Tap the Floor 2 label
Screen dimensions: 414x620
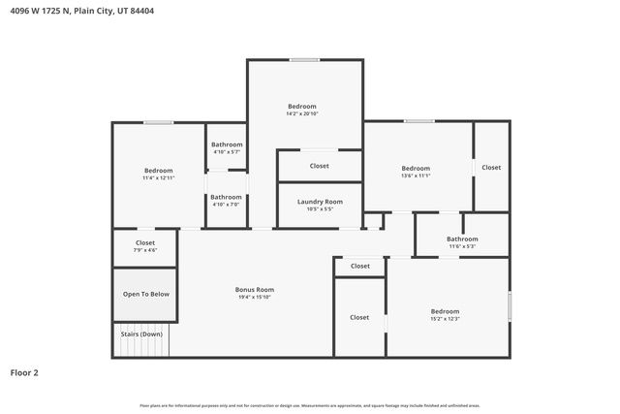[x=24, y=372]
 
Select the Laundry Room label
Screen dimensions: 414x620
[x=319, y=202]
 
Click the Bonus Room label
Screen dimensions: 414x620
[x=255, y=289]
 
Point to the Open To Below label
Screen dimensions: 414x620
[x=145, y=294]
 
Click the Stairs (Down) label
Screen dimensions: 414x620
[x=141, y=334]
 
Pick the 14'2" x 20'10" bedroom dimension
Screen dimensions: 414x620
[x=302, y=113]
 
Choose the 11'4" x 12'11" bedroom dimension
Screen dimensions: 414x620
[x=159, y=178]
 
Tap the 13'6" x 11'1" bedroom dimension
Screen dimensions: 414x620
[x=416, y=175]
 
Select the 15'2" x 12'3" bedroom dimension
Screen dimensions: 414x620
[x=445, y=319]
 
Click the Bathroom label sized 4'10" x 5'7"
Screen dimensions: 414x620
[x=227, y=152]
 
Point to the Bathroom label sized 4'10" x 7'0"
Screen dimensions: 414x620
[x=227, y=205]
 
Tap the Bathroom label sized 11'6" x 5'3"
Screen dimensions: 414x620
[x=462, y=246]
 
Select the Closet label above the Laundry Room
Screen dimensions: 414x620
[x=319, y=166]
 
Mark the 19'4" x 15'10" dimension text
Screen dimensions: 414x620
[x=255, y=297]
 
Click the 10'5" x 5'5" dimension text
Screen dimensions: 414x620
[x=319, y=209]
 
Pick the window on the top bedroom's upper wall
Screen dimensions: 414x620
[x=304, y=60]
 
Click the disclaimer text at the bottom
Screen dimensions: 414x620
[x=310, y=405]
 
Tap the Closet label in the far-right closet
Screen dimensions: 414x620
[x=491, y=168]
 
